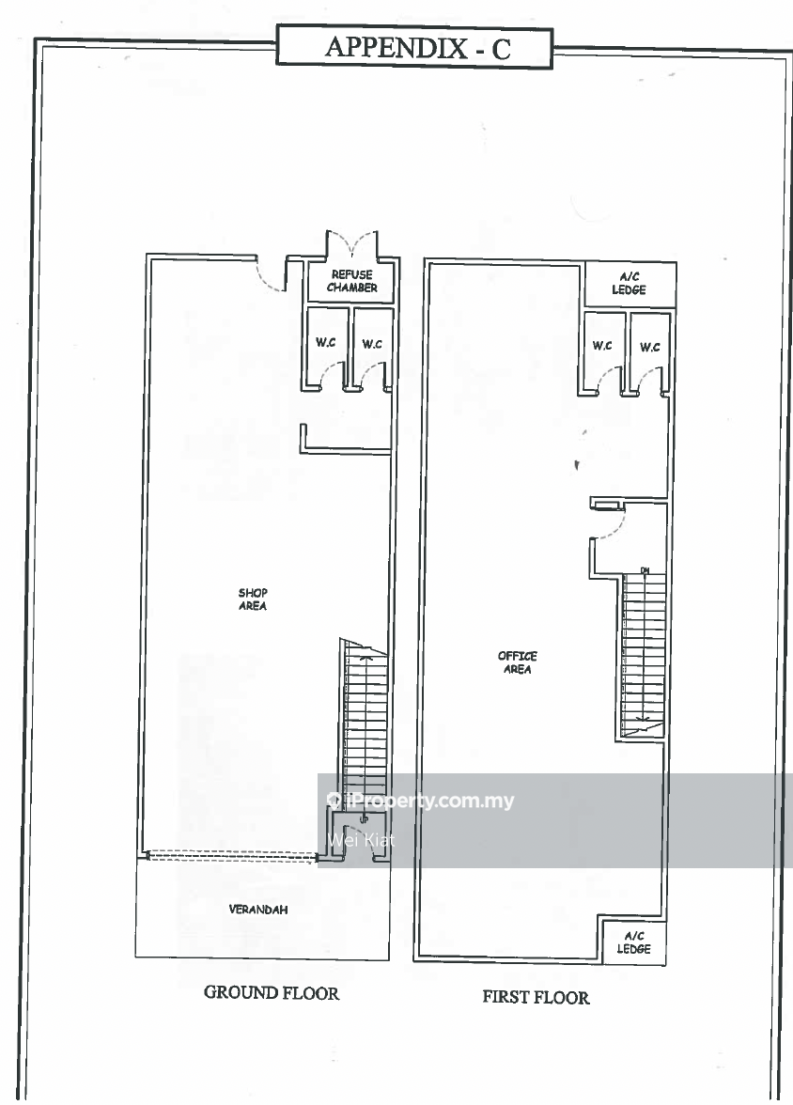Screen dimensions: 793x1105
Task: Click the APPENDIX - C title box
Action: [x=414, y=47]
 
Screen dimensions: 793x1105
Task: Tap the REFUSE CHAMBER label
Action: [x=351, y=281]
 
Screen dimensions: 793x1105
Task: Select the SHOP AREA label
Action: [x=253, y=599]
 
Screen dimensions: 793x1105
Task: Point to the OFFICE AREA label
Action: [x=518, y=662]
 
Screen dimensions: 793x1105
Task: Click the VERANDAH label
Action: [x=258, y=910]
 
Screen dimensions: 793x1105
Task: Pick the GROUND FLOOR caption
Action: [x=272, y=992]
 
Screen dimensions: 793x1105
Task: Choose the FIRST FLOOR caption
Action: [x=536, y=996]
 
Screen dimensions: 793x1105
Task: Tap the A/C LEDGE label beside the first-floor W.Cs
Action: [x=629, y=284]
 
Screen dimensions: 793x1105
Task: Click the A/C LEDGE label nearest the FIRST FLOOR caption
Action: [x=633, y=942]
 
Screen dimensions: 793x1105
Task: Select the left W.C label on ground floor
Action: [x=326, y=342]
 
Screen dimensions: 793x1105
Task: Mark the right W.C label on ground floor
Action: [x=372, y=344]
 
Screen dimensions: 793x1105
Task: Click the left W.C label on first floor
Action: [x=602, y=346]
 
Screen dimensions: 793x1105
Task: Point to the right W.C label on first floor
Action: [x=650, y=347]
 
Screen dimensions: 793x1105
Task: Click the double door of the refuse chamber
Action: [x=351, y=244]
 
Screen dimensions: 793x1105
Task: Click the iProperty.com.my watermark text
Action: [x=428, y=800]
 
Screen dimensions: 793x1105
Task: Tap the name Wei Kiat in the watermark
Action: [x=360, y=839]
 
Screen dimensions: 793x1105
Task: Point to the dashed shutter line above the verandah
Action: [x=231, y=855]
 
